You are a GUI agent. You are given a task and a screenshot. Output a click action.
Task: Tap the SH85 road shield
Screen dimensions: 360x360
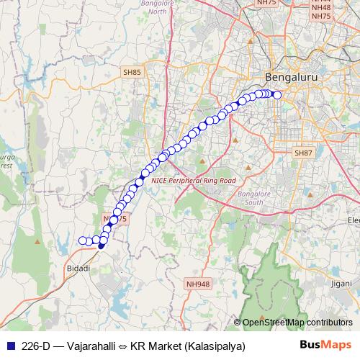(x=132, y=73)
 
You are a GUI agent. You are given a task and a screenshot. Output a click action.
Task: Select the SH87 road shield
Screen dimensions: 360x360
(x=304, y=153)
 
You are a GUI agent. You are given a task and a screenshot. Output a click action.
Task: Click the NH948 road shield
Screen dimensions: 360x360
(x=198, y=285)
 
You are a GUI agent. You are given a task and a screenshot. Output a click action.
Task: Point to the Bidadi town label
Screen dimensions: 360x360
(x=78, y=268)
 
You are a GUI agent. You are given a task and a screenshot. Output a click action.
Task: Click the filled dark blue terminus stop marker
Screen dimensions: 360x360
(x=101, y=246)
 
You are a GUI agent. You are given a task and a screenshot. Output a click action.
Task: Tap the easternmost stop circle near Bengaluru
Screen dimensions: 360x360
(x=277, y=95)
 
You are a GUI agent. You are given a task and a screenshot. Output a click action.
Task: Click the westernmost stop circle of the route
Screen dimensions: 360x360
(x=81, y=240)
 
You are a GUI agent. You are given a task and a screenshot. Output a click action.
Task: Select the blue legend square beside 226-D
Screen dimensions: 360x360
(x=10, y=346)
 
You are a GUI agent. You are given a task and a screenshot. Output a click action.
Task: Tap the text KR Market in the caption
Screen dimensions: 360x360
(x=153, y=346)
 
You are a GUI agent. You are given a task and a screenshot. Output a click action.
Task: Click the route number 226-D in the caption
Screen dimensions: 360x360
(x=35, y=346)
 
